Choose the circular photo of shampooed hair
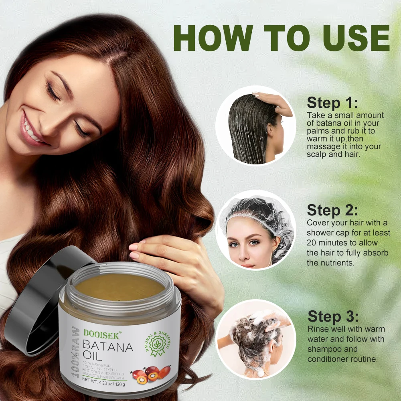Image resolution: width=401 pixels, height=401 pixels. [255, 339]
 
